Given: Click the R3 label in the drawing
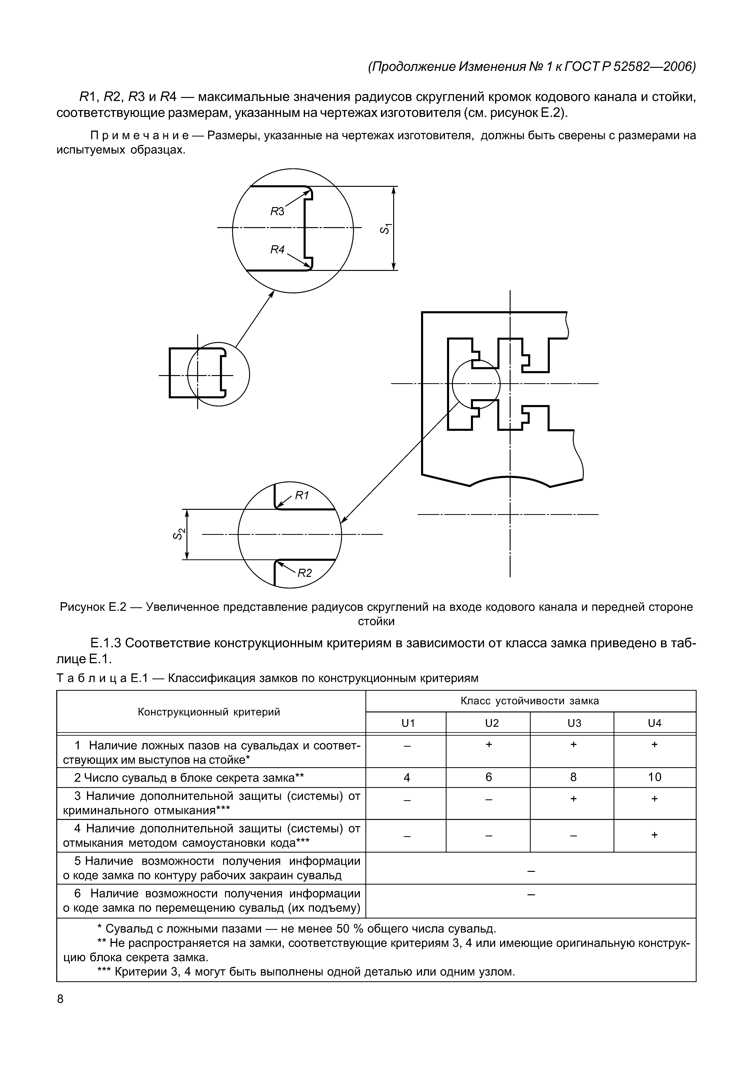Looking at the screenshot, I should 277,212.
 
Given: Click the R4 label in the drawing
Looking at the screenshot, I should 277,250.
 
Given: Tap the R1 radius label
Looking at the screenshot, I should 302,495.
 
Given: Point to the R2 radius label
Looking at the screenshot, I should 305,573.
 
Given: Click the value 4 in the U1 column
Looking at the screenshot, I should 407,777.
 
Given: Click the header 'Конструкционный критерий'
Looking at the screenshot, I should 209,712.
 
